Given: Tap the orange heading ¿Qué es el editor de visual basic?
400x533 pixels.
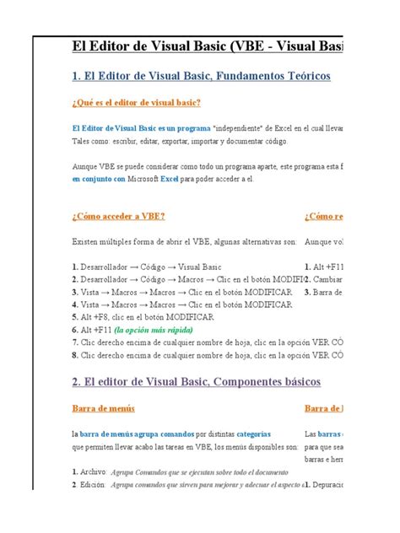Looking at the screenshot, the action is (x=137, y=103).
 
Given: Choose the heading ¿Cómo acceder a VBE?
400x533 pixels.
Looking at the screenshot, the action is (x=117, y=216).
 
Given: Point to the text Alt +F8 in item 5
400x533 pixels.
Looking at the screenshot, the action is (x=96, y=317).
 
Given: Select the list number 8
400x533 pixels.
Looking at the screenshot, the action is (x=75, y=355).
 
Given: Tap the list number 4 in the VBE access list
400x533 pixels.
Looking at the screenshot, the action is (x=75, y=304).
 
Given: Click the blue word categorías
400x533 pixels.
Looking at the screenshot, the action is (x=253, y=434).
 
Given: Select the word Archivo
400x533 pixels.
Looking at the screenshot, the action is (x=92, y=472).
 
